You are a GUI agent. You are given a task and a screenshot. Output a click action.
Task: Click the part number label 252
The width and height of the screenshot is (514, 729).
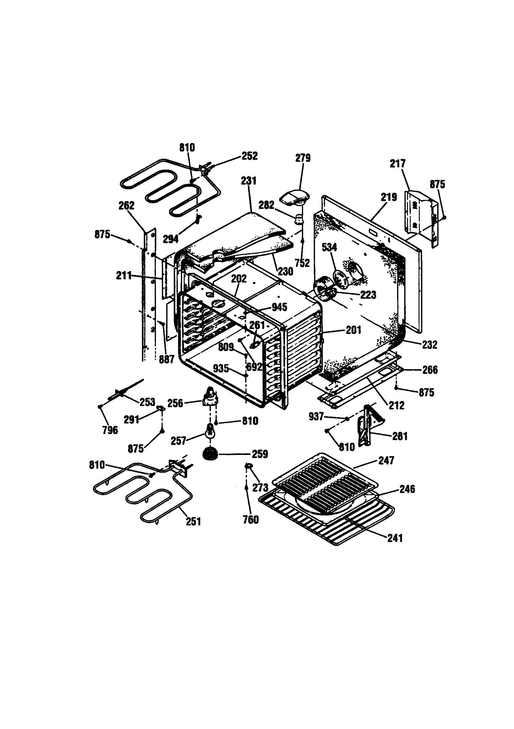click(250, 156)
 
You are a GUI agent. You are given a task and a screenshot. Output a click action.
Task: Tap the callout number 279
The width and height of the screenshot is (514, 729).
click(303, 158)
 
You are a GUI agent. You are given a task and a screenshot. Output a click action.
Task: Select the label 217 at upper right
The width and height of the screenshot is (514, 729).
click(397, 164)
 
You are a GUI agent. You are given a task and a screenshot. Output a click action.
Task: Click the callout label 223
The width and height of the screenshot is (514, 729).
click(368, 295)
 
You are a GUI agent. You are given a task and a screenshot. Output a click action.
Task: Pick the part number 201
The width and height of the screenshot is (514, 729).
click(353, 330)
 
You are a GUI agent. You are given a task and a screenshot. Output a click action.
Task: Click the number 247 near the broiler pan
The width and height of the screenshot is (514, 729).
click(386, 461)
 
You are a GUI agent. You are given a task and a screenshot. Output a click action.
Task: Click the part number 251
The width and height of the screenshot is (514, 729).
click(193, 521)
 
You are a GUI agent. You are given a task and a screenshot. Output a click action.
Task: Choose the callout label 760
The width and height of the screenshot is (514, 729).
click(251, 520)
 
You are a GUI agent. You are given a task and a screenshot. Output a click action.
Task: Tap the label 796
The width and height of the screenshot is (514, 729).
click(110, 430)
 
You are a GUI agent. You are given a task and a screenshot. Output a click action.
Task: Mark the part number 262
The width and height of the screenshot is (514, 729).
click(126, 206)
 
